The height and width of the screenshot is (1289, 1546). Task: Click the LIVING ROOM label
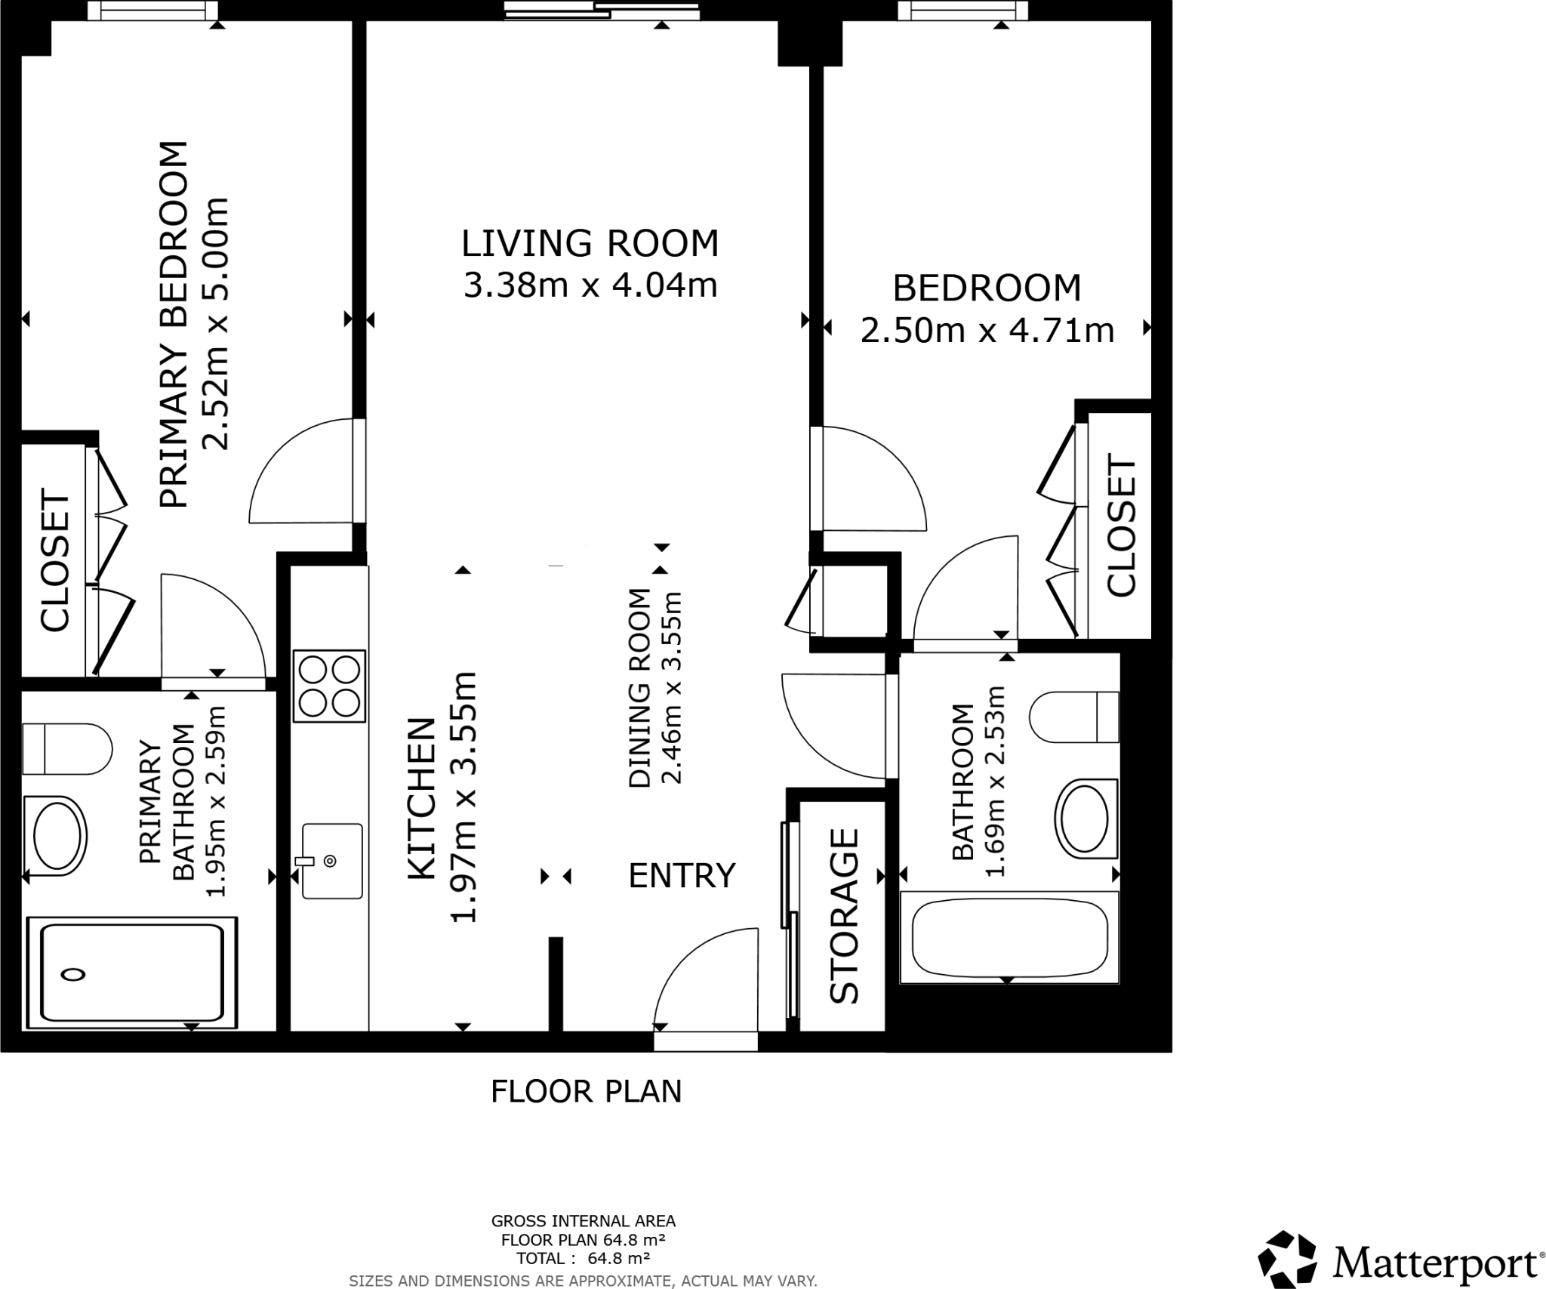pyautogui.click(x=590, y=244)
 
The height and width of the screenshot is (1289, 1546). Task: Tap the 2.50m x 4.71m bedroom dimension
pyautogui.click(x=987, y=331)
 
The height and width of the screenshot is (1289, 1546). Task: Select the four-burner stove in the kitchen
pyautogui.click(x=329, y=686)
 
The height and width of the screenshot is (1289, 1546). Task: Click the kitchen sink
pyautogui.click(x=331, y=860)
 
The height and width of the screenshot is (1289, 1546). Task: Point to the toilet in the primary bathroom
pyautogui.click(x=66, y=748)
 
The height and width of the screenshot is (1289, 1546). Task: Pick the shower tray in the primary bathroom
pyautogui.click(x=132, y=973)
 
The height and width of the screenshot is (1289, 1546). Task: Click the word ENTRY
pyautogui.click(x=681, y=876)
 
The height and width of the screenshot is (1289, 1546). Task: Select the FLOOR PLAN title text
pyautogui.click(x=586, y=1092)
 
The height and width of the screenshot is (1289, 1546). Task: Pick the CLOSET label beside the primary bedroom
pyautogui.click(x=54, y=560)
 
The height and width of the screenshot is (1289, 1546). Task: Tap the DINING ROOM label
pyautogui.click(x=639, y=687)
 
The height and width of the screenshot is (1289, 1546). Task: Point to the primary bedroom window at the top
pyautogui.click(x=152, y=11)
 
